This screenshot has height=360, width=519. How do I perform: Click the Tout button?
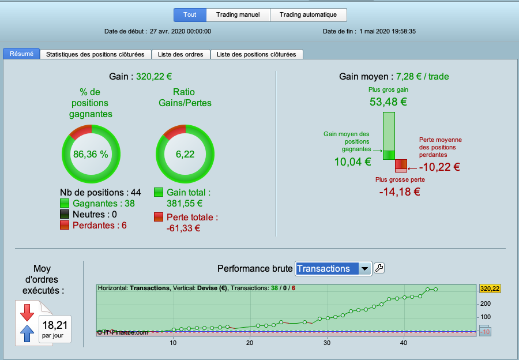190,15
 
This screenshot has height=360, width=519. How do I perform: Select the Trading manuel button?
238,15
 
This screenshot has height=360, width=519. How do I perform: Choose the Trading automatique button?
308,15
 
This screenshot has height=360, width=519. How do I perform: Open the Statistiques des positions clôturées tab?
95,54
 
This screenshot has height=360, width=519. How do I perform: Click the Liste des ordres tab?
180,54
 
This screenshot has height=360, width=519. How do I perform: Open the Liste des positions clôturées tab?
257,54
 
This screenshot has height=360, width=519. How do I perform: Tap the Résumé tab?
21,54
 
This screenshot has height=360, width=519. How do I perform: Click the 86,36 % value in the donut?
91,155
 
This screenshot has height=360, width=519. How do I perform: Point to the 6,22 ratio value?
185,155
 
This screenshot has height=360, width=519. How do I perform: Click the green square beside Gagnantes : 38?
65,203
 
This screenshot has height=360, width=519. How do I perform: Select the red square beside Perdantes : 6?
65,225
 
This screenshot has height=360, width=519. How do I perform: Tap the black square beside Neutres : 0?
65,214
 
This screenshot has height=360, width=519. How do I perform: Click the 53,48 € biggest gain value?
388,102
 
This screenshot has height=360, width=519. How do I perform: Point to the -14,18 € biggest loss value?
400,192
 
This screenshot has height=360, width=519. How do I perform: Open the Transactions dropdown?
333,269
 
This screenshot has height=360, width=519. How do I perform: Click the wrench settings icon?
379,268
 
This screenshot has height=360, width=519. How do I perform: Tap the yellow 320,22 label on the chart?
490,289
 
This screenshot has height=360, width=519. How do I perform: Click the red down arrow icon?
27,313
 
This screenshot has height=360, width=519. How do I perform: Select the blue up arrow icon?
27,333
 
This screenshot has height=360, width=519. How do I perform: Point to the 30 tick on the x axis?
327,343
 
